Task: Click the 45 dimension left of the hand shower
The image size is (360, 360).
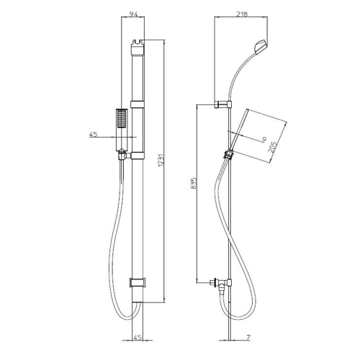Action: point(93,134)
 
